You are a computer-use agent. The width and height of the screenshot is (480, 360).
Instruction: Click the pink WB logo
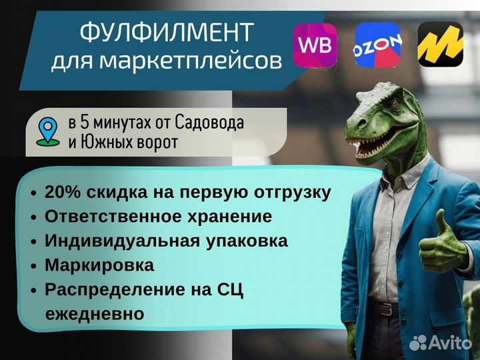pos(315,45)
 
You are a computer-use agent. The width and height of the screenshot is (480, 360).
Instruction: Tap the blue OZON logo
pos(378,45)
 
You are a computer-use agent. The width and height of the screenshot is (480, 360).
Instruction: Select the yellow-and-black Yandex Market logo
pos(441,44)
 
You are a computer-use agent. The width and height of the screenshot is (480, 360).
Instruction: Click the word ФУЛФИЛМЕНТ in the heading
pos(167,32)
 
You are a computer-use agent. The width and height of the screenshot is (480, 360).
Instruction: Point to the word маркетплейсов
pos(191,61)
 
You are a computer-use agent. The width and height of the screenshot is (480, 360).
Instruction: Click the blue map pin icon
pos(48,131)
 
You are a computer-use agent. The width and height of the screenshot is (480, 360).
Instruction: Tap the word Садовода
pos(209,123)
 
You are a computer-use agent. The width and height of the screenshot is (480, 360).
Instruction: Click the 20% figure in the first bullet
pos(63,192)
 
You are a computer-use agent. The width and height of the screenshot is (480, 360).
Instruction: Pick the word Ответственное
pos(113,216)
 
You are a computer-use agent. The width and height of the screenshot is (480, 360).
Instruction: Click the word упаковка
pos(247,241)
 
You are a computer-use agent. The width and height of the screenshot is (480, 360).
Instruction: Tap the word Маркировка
pos(99,265)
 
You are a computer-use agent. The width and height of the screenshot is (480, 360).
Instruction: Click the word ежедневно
pos(95,314)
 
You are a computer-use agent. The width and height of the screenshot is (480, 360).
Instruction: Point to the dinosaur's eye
pos(395,105)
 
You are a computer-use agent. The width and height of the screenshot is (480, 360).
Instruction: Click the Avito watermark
pos(441,342)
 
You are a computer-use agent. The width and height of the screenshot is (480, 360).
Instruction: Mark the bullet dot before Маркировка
pos(34,266)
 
